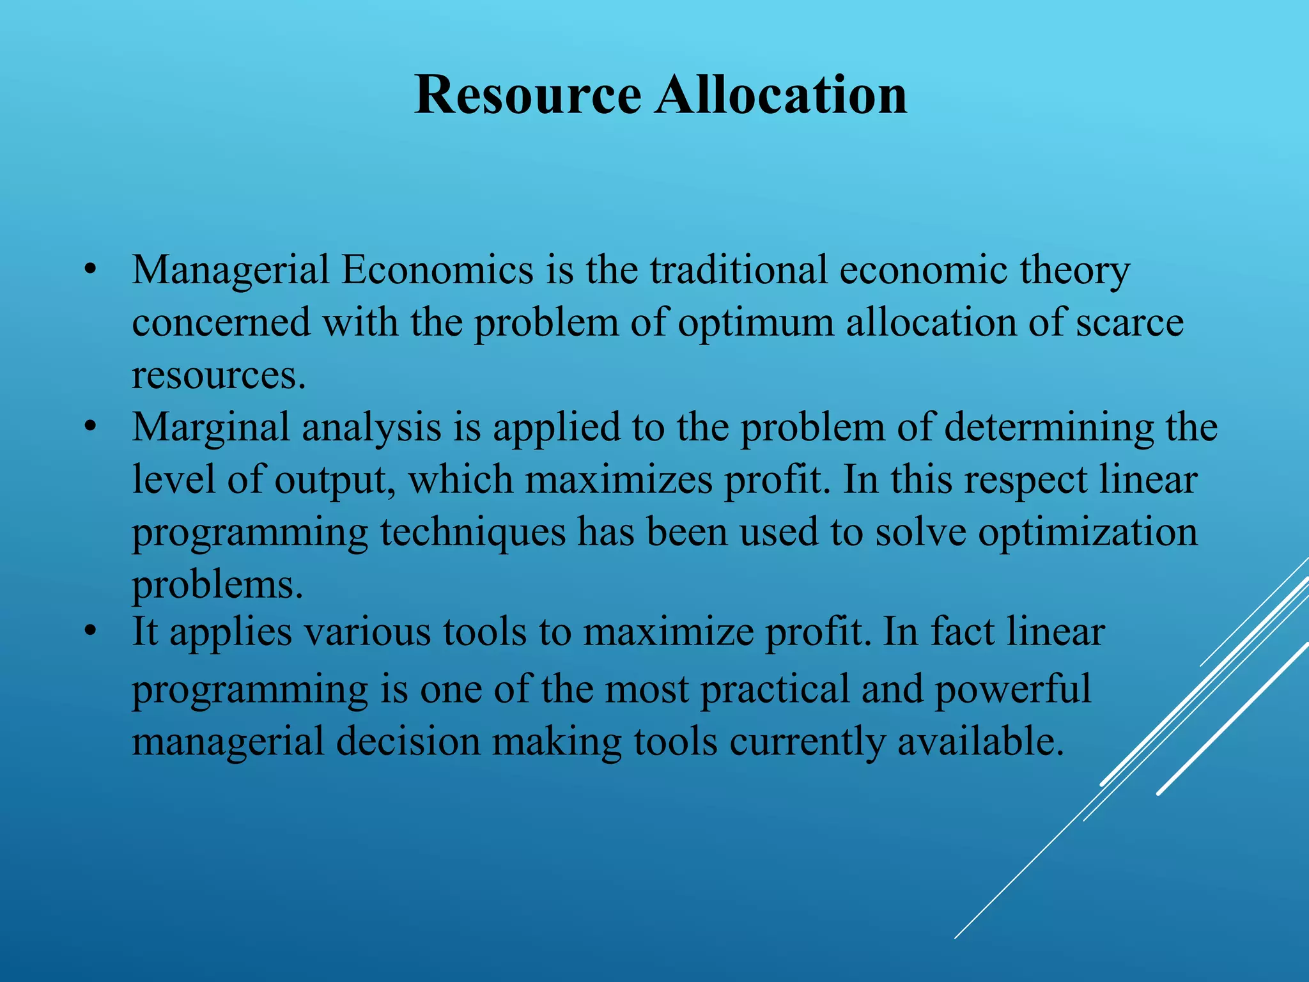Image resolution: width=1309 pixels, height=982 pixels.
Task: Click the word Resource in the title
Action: coord(527,95)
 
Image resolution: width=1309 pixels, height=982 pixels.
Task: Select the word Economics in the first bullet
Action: coord(437,270)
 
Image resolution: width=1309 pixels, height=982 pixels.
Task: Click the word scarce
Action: coord(1129,322)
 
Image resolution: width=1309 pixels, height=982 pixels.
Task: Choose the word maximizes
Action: coord(618,479)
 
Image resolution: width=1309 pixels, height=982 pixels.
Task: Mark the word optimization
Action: coord(1088,532)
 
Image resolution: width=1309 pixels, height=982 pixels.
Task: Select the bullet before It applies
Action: coord(91,631)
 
